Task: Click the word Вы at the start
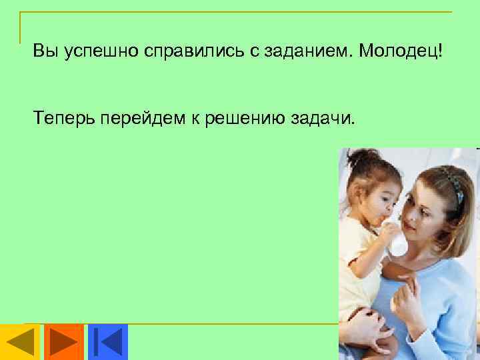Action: coord(45,52)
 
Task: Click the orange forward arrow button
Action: coord(64,341)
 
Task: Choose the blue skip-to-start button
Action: coord(107,341)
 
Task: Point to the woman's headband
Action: coord(455,183)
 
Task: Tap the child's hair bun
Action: coord(359,158)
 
